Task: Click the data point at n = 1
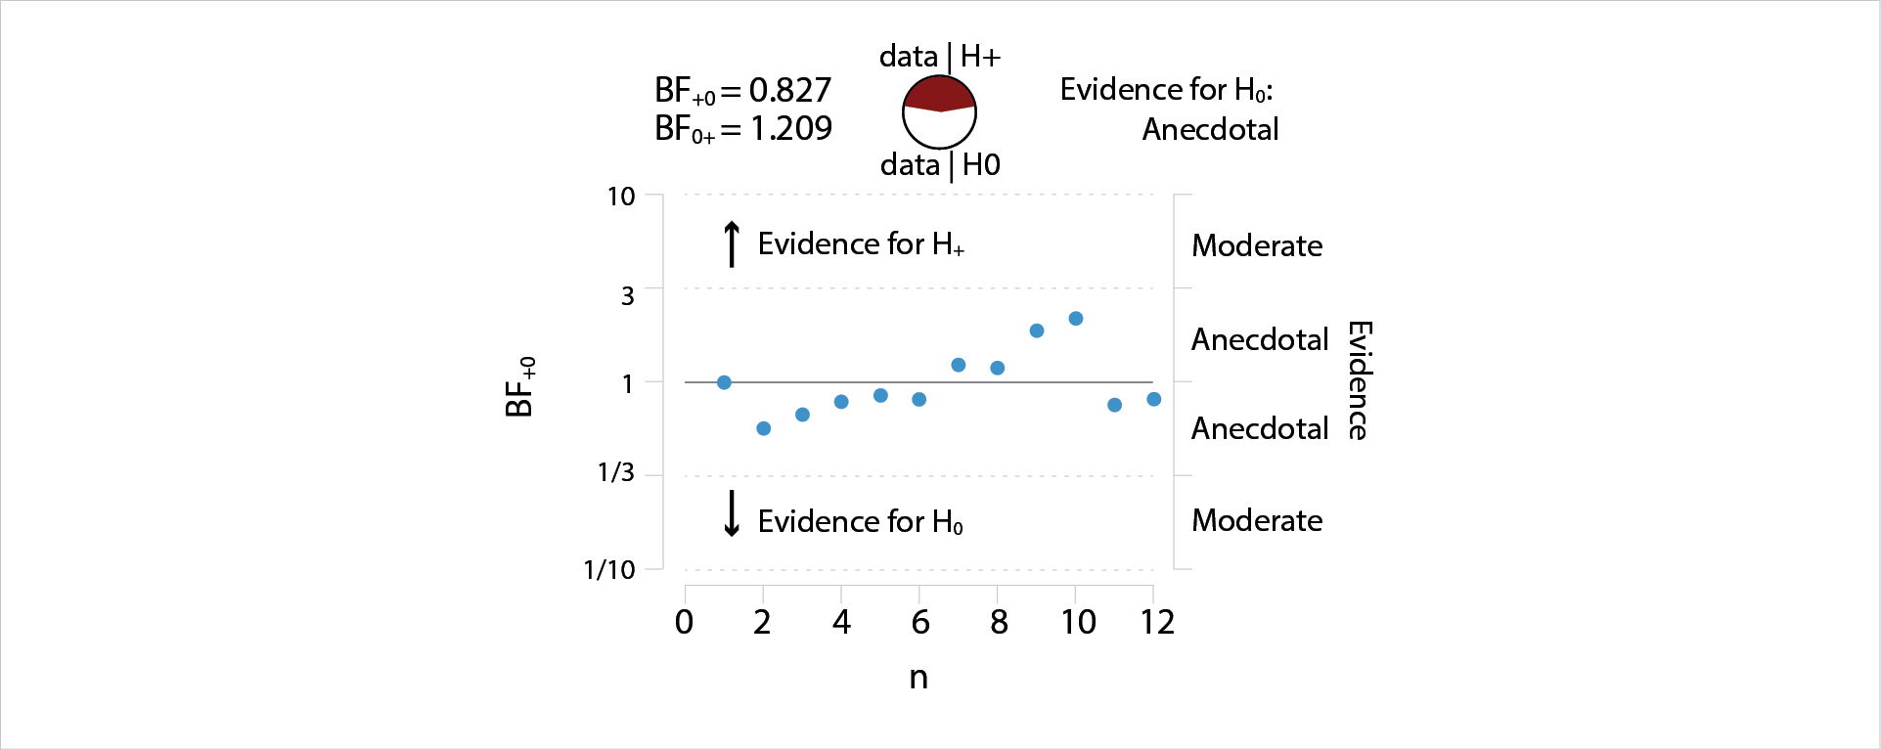[x=724, y=382]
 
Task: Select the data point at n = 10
[x=1076, y=319]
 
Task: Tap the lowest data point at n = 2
[x=764, y=428]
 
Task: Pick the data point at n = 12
[x=1154, y=399]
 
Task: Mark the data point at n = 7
[x=959, y=365]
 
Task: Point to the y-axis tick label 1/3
[x=616, y=473]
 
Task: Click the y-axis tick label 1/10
[x=609, y=570]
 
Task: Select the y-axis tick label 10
[x=621, y=197]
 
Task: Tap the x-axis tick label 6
[x=920, y=622]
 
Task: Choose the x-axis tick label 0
[x=685, y=622]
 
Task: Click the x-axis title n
[x=918, y=677]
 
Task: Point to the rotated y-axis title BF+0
[x=520, y=387]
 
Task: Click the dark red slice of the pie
[x=939, y=94]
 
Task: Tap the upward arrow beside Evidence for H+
[x=732, y=243]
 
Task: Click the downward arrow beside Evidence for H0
[x=732, y=514]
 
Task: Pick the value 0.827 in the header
[x=790, y=90]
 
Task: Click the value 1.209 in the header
[x=791, y=128]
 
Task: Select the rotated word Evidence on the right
[x=1359, y=380]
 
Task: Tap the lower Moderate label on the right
[x=1257, y=520]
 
